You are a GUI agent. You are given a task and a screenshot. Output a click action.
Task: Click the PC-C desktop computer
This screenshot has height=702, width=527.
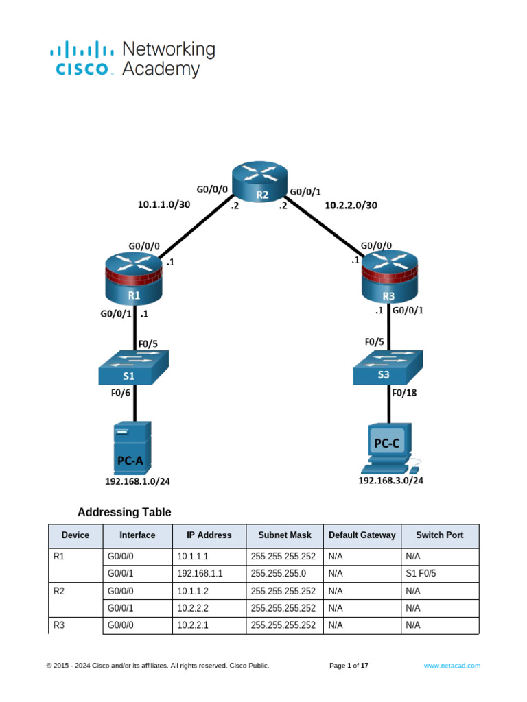[x=389, y=450]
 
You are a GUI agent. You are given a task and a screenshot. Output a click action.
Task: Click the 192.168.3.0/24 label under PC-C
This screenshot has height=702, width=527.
[x=390, y=481]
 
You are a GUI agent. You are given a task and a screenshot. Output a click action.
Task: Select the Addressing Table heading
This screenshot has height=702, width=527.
[x=124, y=512]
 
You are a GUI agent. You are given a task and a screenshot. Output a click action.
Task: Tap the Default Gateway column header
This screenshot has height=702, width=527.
[x=362, y=535]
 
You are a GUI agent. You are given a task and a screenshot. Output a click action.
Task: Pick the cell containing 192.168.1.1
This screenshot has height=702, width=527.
[x=200, y=574]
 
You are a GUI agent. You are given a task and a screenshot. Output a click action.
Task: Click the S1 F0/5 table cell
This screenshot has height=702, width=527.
[x=421, y=574]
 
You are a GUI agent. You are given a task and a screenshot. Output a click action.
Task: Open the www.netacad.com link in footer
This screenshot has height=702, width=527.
[x=452, y=666]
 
